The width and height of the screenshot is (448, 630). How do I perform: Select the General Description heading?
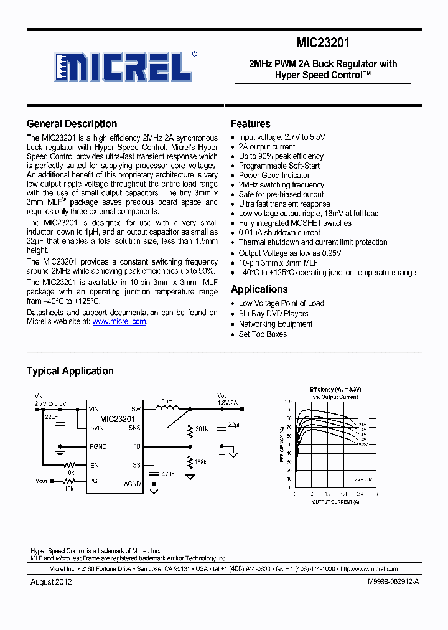(x=72, y=123)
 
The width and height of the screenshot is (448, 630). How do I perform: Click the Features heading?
(x=250, y=123)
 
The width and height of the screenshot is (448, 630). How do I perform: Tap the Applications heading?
(x=259, y=289)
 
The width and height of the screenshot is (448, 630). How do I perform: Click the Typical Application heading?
(x=70, y=370)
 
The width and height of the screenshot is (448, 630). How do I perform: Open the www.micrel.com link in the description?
(x=119, y=322)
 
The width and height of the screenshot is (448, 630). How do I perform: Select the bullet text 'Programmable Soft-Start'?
(x=279, y=166)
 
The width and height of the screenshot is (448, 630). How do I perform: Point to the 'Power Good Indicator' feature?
(x=274, y=175)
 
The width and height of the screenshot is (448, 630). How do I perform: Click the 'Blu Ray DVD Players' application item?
(x=273, y=314)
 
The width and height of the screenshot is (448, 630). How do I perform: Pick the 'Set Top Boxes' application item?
(x=263, y=334)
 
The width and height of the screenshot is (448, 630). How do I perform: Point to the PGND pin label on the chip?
(x=98, y=446)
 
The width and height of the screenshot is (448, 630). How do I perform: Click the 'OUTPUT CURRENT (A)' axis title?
(x=335, y=501)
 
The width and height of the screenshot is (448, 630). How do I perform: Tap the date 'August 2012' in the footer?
(x=51, y=581)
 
